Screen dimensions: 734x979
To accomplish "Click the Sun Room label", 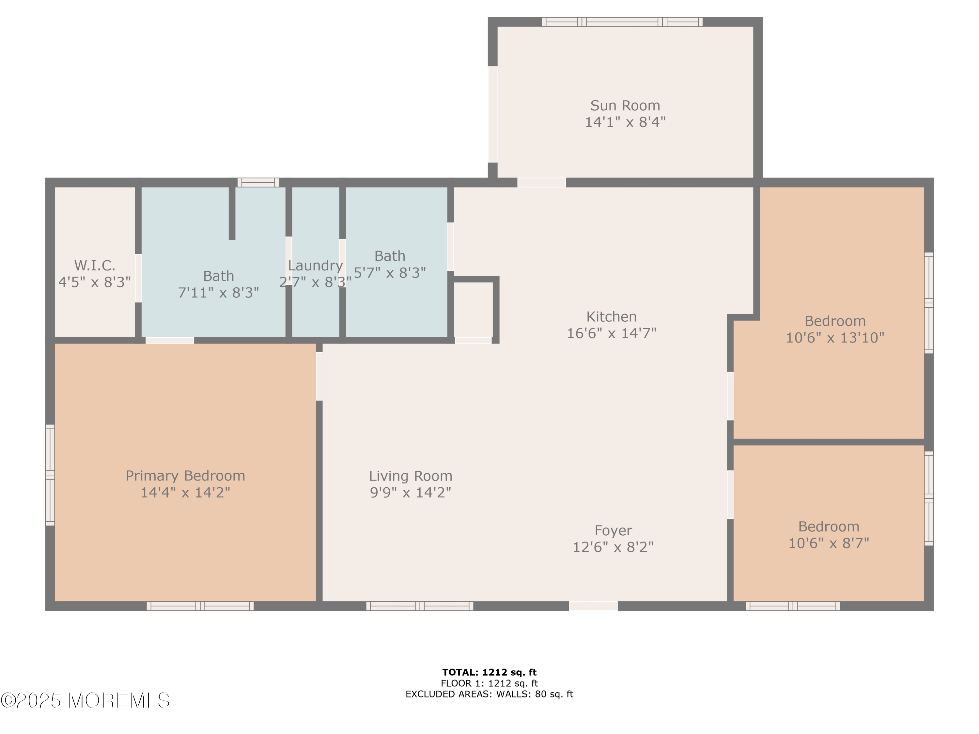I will pyautogui.click(x=625, y=105).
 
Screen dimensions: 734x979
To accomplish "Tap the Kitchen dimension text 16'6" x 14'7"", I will pyautogui.click(x=612, y=333).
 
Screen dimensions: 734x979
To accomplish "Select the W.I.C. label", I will pyautogui.click(x=94, y=266).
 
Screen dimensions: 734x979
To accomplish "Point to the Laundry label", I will pyautogui.click(x=315, y=266).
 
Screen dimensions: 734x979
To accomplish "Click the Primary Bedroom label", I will pyautogui.click(x=185, y=476).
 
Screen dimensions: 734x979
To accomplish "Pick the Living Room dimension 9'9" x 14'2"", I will pyautogui.click(x=410, y=492).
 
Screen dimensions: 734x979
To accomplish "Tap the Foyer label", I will pyautogui.click(x=613, y=530).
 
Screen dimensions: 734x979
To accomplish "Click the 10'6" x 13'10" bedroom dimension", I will pyautogui.click(x=835, y=338).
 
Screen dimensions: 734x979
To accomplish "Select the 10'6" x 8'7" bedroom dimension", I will pyautogui.click(x=829, y=543).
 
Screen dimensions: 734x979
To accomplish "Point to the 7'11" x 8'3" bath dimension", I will pyautogui.click(x=218, y=292).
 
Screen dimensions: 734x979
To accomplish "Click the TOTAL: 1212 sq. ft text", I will pyautogui.click(x=489, y=672).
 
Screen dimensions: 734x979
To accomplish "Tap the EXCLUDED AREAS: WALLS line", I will pyautogui.click(x=489, y=694).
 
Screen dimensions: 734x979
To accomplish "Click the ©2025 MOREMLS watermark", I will pyautogui.click(x=85, y=700).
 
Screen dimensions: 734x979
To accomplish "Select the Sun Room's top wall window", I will pyautogui.click(x=622, y=22).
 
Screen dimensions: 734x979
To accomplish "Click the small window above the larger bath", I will pyautogui.click(x=258, y=182).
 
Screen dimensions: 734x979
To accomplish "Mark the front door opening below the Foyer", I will pyautogui.click(x=593, y=606).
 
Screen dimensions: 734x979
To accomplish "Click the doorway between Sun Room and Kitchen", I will pyautogui.click(x=541, y=182).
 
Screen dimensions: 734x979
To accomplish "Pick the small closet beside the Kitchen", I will pyautogui.click(x=473, y=310).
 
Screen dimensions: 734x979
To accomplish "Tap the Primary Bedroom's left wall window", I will pyautogui.click(x=50, y=475).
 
